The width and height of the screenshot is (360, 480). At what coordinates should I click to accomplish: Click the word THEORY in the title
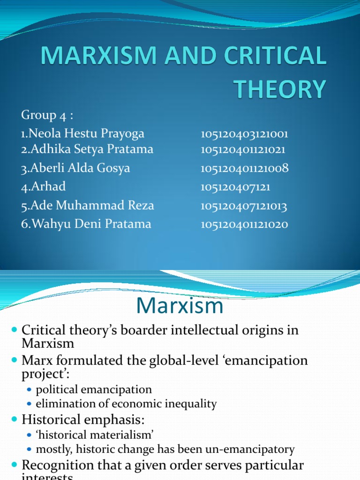click(x=280, y=89)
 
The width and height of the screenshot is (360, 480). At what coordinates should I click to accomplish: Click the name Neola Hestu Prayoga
click(x=82, y=134)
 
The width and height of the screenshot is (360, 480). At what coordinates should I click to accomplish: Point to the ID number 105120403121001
click(x=244, y=135)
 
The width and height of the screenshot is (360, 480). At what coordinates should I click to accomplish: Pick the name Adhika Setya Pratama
click(x=87, y=150)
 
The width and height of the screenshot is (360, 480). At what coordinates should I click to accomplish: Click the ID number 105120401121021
click(x=243, y=150)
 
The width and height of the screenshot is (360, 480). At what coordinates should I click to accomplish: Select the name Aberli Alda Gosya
click(x=75, y=168)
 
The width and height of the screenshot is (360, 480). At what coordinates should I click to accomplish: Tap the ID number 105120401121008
click(x=244, y=169)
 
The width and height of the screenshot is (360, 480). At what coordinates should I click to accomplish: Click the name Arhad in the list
click(x=43, y=187)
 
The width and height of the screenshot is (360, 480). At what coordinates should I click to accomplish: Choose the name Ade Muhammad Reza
click(x=87, y=205)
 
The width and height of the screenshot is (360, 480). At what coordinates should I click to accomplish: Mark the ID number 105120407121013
click(x=244, y=206)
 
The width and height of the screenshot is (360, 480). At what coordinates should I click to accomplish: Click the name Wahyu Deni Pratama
click(x=86, y=224)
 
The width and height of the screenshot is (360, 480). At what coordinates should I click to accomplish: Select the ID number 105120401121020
click(x=244, y=225)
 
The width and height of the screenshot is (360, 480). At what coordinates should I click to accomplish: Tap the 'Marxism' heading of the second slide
click(x=180, y=306)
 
